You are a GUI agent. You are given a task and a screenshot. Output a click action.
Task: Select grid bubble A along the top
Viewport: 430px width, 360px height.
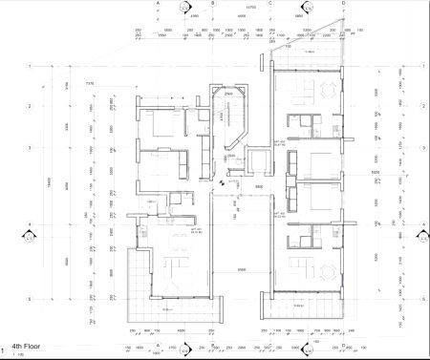(157, 4)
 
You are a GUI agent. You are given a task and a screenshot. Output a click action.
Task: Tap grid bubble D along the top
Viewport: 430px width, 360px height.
(344, 4)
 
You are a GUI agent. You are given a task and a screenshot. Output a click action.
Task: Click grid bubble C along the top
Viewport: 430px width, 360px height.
(273, 4)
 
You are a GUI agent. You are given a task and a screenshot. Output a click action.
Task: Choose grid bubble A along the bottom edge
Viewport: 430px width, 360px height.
(157, 354)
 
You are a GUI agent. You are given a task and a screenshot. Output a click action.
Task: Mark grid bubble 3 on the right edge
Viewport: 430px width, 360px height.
(420, 148)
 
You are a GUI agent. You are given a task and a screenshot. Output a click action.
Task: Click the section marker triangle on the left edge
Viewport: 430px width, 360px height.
(24, 229)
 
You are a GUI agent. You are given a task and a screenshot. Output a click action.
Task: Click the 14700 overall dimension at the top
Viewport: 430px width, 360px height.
(250, 8)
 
